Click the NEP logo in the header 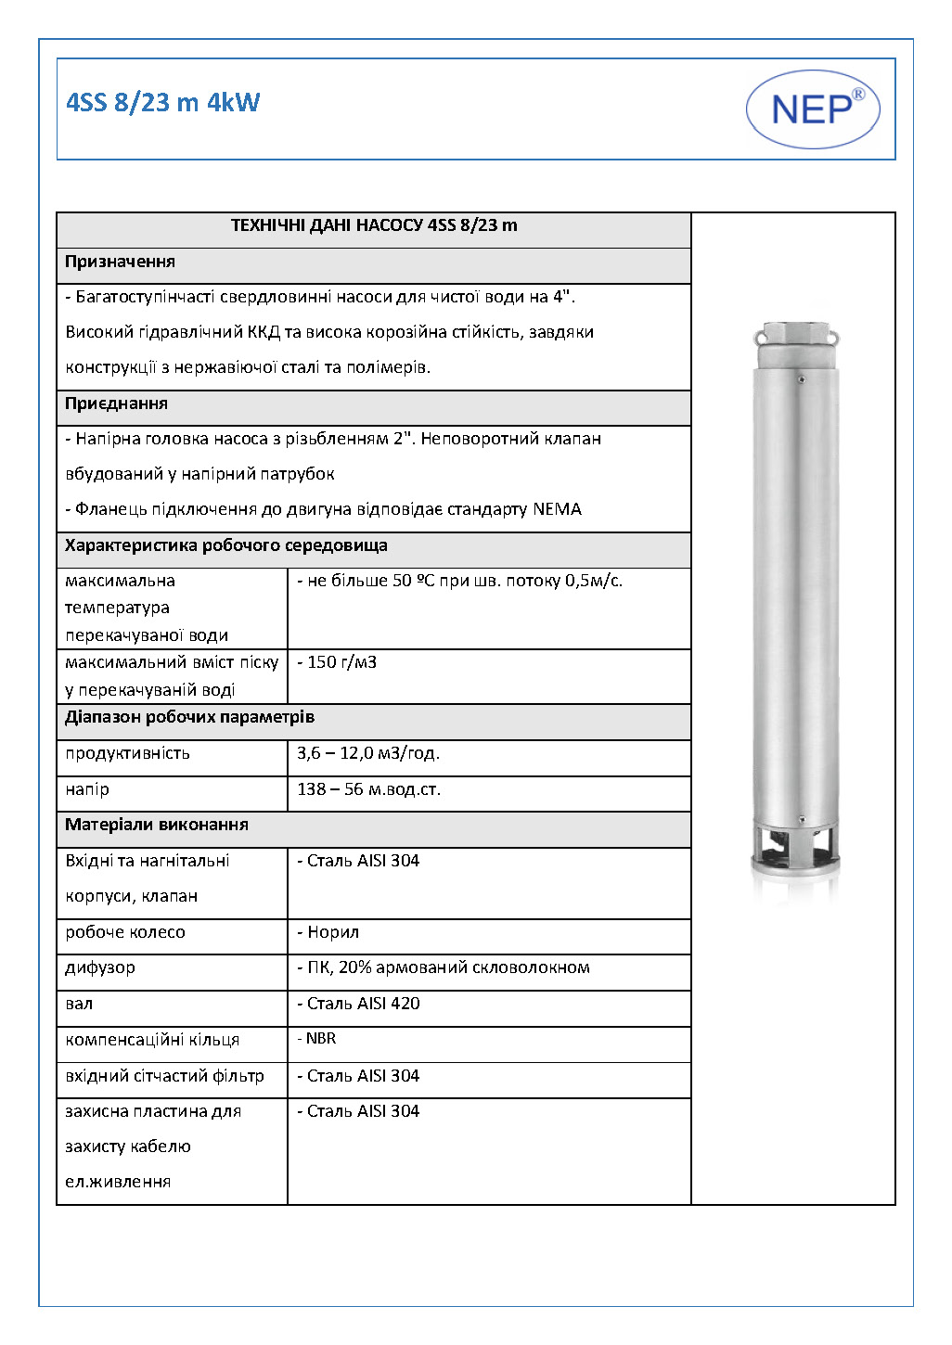pos(812,109)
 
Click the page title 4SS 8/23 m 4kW pos(163,102)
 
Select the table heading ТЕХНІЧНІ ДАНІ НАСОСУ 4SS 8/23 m pos(374,225)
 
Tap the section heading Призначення pos(121,262)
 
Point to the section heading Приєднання pos(117,403)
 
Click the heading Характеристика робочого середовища pos(226,545)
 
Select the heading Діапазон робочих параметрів pos(190,717)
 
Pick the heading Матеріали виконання pos(157,825)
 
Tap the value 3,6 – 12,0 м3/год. pos(368,753)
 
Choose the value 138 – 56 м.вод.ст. pos(368,789)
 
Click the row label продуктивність pos(128,753)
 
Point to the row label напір pos(87,789)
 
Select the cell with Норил pos(331,932)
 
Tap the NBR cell pos(320,1039)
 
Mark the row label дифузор pos(100,967)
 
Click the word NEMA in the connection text pos(557,509)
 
